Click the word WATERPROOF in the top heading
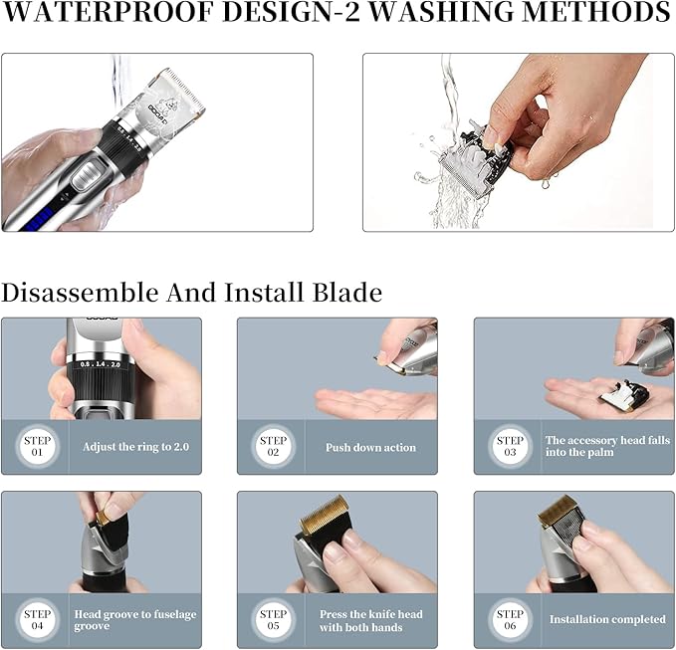(x=108, y=13)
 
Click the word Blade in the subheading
(x=347, y=293)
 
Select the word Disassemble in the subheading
(x=81, y=293)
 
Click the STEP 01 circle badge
(x=37, y=447)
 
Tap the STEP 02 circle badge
(x=274, y=447)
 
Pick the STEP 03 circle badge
(x=510, y=447)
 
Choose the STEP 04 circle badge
(x=37, y=620)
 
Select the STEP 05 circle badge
(x=274, y=620)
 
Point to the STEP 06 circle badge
(x=510, y=620)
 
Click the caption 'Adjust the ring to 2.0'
(x=135, y=447)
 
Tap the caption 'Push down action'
(x=370, y=447)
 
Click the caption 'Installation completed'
(x=607, y=619)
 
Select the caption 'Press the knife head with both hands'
(x=370, y=621)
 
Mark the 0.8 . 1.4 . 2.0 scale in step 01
(x=100, y=364)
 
